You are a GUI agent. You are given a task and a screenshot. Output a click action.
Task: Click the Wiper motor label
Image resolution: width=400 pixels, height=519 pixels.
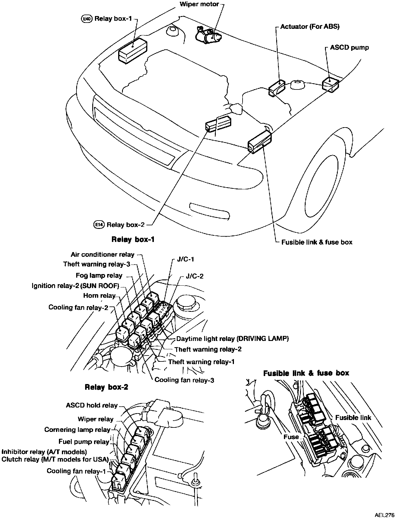199,4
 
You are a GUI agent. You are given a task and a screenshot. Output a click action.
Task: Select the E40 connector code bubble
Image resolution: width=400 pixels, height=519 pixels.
86,19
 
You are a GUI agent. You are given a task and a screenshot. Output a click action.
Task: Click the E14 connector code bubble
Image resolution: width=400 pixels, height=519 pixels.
99,224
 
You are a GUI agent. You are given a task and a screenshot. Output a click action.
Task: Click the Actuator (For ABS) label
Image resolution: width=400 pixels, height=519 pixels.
310,26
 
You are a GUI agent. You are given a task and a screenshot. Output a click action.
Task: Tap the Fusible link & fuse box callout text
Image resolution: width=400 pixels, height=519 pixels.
317,242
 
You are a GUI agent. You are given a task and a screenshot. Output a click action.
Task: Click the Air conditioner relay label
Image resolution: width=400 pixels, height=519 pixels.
103,254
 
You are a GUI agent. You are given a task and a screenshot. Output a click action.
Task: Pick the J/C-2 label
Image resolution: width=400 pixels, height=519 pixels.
195,276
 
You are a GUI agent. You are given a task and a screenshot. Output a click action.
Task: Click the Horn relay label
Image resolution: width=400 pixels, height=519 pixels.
99,295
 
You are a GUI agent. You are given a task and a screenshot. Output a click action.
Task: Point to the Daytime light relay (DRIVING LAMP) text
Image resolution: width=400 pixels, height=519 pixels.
232,338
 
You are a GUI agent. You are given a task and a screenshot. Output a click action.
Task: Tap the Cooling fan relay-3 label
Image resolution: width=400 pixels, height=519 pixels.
184,380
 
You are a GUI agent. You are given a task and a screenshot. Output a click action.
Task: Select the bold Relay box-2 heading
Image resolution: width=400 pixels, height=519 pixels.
107,387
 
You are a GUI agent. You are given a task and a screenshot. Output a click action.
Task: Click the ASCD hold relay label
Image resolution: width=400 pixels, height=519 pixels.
92,405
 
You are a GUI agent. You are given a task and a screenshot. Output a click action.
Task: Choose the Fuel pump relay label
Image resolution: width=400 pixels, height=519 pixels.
84,442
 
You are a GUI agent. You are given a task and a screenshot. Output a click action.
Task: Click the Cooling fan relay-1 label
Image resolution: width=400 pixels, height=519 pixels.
76,471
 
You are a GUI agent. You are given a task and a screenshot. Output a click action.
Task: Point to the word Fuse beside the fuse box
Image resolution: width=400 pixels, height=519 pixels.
291,437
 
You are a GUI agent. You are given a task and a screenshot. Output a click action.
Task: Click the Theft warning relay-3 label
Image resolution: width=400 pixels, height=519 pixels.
97,264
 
